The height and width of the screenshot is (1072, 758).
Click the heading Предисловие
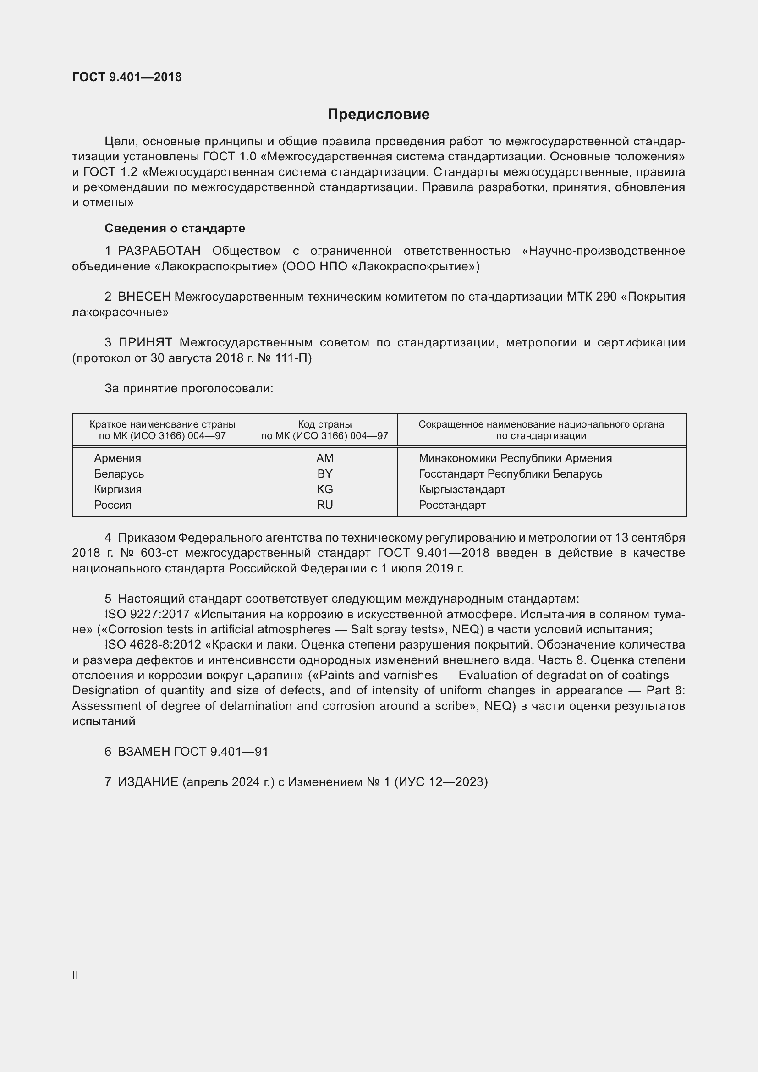pos(379,115)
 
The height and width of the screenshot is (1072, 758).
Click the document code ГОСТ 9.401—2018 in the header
pos(127,77)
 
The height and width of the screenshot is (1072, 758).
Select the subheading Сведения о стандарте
pos(175,228)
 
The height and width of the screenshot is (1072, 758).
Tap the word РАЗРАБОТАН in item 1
pos(159,251)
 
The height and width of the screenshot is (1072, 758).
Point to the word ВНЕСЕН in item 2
pos(144,297)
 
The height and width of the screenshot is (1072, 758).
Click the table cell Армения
pos(117,458)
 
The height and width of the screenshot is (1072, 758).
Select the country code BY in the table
pos(325,474)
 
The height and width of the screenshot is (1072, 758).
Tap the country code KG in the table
pos(325,489)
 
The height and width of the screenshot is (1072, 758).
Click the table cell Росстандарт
pos(452,505)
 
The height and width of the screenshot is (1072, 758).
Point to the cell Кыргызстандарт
pos(462,489)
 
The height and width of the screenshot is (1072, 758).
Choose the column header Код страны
pos(325,424)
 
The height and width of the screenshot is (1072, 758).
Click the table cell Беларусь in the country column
pos(119,474)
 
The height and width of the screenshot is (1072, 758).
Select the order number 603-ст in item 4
pos(158,553)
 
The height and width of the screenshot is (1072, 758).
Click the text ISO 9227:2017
pos(147,615)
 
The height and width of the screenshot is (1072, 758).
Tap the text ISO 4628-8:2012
pos(153,645)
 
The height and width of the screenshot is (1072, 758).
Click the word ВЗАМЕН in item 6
pos(144,752)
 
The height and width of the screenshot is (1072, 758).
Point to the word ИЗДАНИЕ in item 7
pos(148,782)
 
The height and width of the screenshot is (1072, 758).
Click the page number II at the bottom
pos(75,975)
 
